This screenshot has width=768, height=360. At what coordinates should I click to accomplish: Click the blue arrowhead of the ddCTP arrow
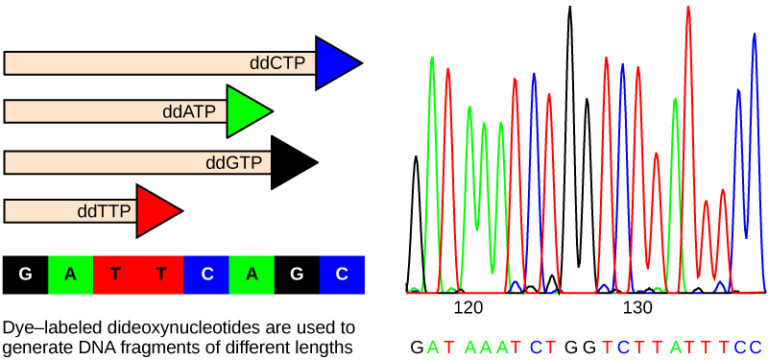[336, 63]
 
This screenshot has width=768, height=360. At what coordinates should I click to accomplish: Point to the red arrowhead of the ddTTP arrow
[157, 210]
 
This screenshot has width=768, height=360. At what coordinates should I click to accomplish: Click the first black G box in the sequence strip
[26, 273]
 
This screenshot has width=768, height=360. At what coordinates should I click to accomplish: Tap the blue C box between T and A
[206, 273]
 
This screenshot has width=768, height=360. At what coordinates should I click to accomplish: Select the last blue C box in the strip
[341, 273]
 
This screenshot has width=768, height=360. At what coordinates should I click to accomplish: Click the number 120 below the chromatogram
[468, 306]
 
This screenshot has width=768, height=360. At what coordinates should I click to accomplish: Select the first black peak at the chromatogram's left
[417, 160]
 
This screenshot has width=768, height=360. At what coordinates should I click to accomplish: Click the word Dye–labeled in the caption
[44, 327]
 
